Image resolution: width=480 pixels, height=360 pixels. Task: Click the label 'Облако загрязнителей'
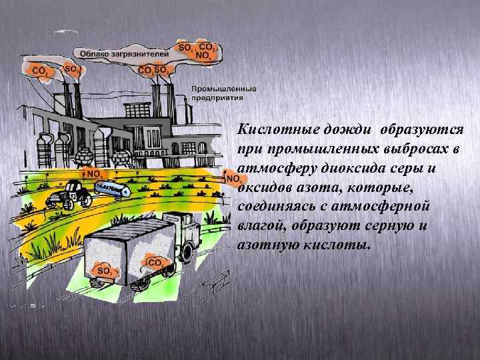click(x=124, y=53)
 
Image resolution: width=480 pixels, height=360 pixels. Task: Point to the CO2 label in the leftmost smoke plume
click(x=39, y=70)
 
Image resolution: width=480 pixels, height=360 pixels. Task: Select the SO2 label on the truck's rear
click(x=105, y=271)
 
